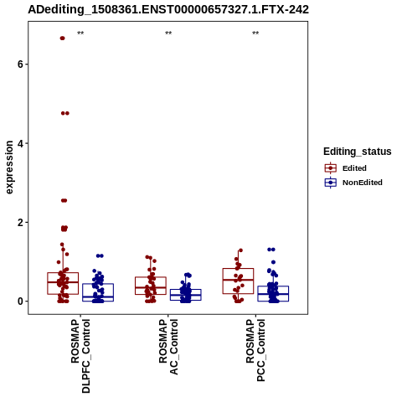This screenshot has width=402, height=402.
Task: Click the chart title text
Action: point(168,10)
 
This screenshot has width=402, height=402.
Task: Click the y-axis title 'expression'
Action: point(9,167)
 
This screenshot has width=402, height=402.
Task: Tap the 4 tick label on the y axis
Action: point(20,143)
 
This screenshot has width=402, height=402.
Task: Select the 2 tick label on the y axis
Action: point(20,223)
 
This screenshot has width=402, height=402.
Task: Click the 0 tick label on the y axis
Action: point(20,301)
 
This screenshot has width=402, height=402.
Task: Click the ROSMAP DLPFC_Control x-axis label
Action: point(80,356)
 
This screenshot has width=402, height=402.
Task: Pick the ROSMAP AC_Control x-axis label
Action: point(168,347)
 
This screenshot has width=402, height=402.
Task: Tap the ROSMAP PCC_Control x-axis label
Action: point(255,350)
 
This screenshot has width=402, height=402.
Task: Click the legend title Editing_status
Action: point(358,152)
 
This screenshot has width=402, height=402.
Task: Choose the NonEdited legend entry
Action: point(353,183)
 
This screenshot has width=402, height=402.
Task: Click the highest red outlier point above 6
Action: point(62,39)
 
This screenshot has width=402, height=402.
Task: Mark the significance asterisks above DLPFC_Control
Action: point(80,33)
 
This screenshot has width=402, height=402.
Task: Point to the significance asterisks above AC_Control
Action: point(168,33)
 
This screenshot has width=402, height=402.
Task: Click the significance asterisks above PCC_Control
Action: point(255,33)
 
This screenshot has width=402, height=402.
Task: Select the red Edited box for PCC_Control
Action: point(238,269)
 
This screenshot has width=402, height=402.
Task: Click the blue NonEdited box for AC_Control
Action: point(186,290)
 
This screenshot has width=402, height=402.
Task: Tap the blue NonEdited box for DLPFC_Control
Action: point(98,284)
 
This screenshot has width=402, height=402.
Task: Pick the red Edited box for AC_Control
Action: point(151,277)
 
